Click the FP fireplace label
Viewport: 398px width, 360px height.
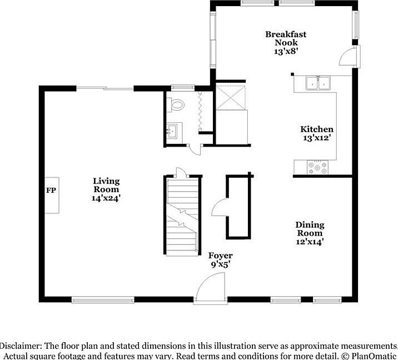(x=50, y=190)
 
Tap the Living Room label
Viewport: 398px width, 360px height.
(x=106, y=181)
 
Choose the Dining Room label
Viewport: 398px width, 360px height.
(x=310, y=229)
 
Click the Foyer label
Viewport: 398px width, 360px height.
(x=220, y=256)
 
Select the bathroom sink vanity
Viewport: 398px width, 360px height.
(x=172, y=132)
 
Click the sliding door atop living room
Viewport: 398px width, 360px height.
(x=105, y=88)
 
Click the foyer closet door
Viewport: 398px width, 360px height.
(x=219, y=208)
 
